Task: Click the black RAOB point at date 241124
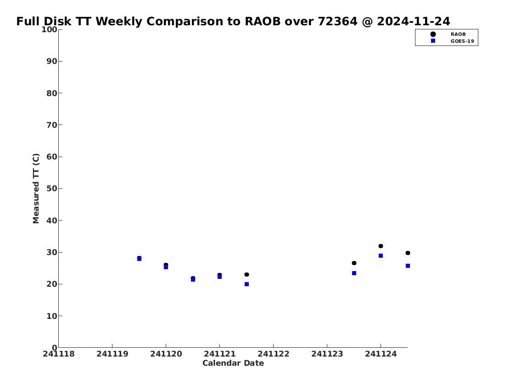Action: coord(381,246)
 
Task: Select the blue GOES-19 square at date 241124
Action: coord(381,255)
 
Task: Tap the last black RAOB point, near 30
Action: coord(408,253)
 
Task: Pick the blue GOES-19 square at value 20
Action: coord(246,284)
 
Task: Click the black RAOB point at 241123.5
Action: coord(354,263)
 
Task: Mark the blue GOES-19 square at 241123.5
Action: coord(354,273)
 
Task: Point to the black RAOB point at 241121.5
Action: coord(246,275)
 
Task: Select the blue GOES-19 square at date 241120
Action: coord(166,267)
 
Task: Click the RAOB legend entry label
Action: coord(458,34)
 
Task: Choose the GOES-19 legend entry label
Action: coord(462,41)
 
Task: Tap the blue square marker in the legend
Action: coord(433,40)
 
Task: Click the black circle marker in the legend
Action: coord(433,34)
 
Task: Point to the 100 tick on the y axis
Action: coord(60,29)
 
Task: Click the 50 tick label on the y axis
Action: coord(52,188)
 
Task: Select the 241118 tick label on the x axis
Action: coord(58,354)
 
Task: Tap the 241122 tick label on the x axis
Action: coord(273,354)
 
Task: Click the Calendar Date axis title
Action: coord(233,363)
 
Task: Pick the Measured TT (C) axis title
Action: coord(36,188)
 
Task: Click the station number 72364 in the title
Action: coord(337,21)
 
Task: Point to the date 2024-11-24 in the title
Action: coord(414,21)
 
